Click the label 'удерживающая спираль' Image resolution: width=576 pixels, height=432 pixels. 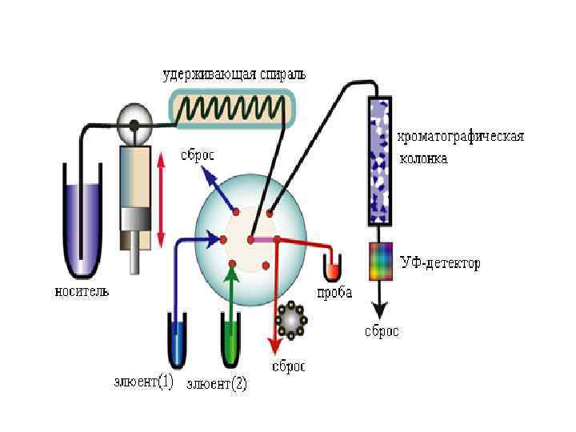(x=233, y=75)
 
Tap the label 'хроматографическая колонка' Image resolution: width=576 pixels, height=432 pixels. (x=461, y=146)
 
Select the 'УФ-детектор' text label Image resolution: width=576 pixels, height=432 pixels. (x=441, y=263)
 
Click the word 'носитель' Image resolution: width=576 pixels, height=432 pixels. (x=82, y=291)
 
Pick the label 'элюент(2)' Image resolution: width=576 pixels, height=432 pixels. (x=217, y=385)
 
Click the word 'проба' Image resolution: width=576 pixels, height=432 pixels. (x=334, y=293)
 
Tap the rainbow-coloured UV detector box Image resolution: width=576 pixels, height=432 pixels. (x=380, y=261)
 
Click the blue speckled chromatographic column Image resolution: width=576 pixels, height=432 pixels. (x=380, y=160)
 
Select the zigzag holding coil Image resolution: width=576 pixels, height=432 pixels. (x=233, y=107)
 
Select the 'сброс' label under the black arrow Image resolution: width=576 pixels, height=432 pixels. (x=382, y=331)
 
